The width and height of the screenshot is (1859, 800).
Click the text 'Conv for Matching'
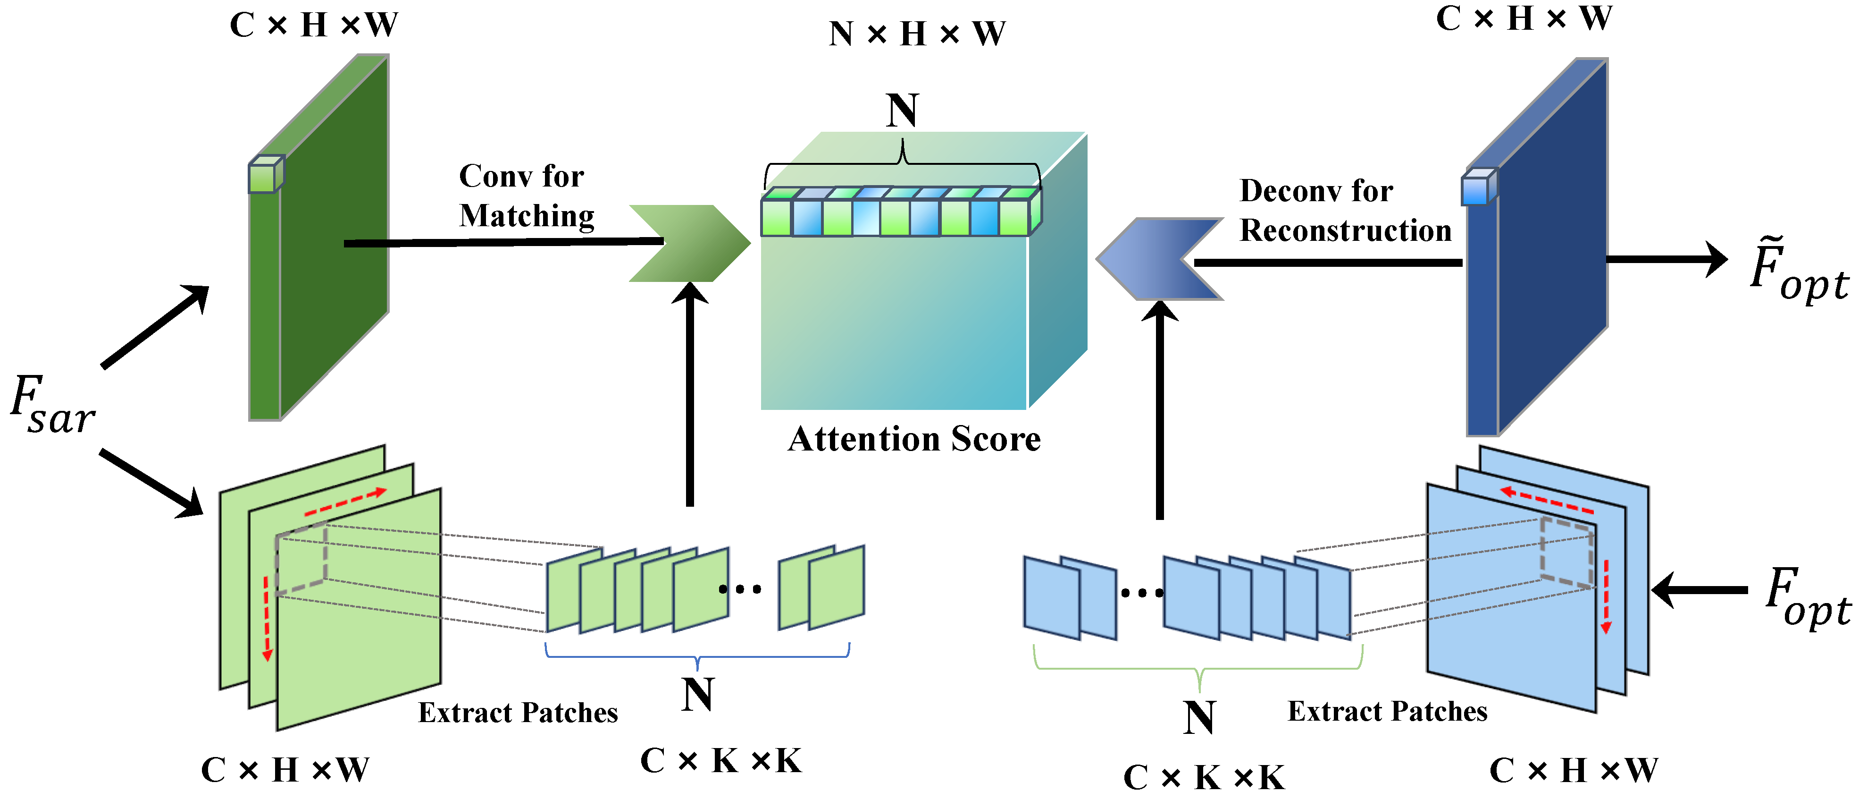526,196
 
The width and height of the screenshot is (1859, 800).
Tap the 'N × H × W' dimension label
916,34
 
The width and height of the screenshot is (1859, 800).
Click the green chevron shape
689,243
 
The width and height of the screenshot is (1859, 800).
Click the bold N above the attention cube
902,111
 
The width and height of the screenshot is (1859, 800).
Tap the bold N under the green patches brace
697,695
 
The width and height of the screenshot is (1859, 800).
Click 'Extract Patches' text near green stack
518,713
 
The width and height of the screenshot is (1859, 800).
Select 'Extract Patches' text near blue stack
1387,711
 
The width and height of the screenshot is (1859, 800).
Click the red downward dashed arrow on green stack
266,617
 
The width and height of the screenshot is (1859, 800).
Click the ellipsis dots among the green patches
740,589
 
